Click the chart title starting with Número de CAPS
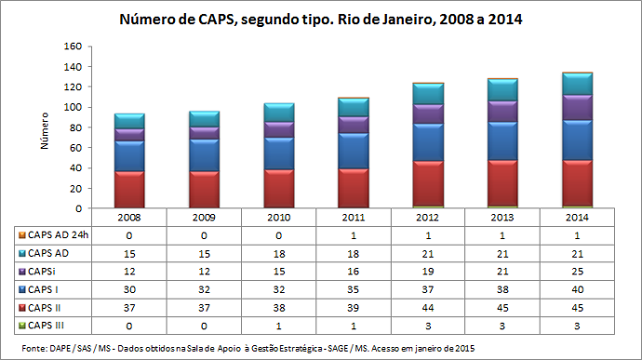[x=319, y=18]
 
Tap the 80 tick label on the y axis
[x=77, y=127]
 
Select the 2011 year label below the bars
[x=353, y=217]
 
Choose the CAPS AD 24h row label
[x=55, y=235]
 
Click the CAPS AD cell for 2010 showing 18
[x=278, y=254]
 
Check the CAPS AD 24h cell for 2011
[x=353, y=235]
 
